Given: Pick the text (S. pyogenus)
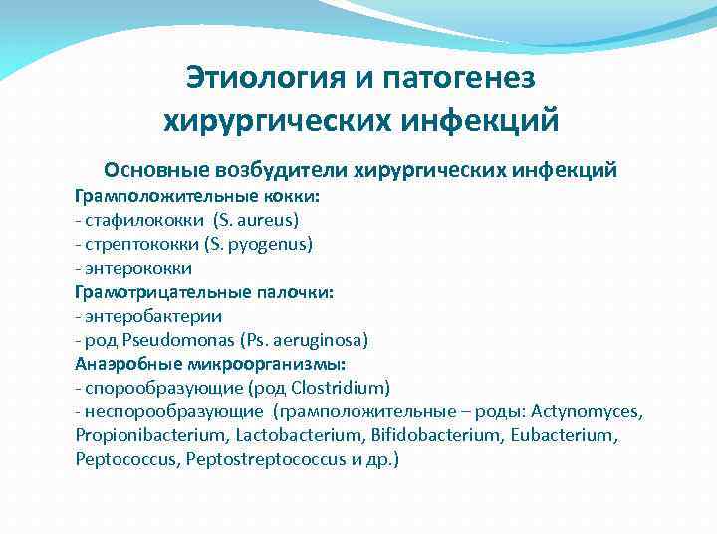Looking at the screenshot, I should [x=259, y=243].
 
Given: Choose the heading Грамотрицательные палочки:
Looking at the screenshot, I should [x=204, y=292].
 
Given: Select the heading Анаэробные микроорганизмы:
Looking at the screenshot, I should [x=210, y=364].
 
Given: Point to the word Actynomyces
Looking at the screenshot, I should [x=588, y=411].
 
